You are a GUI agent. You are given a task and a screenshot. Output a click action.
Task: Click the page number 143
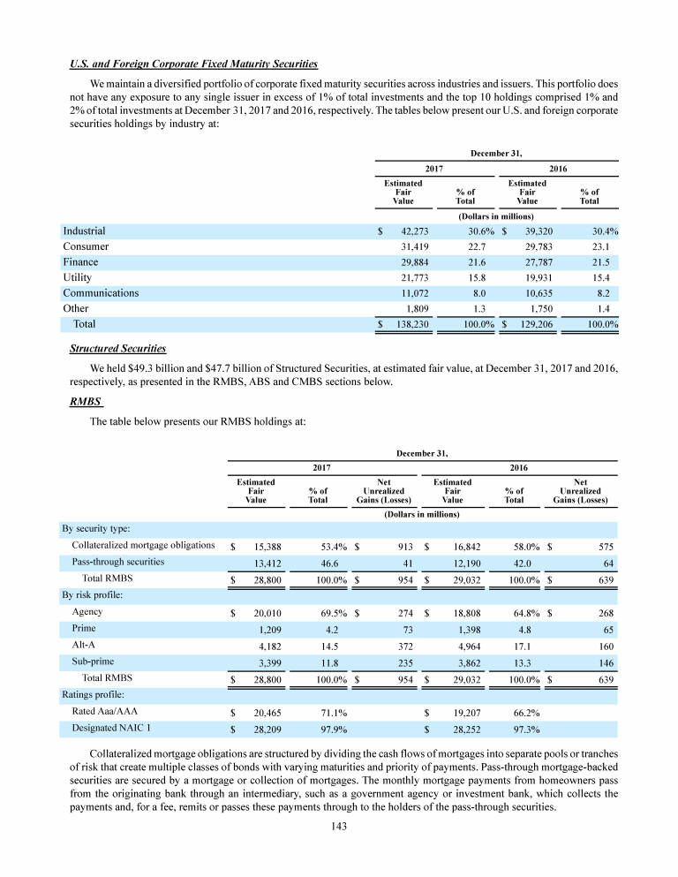click(x=338, y=826)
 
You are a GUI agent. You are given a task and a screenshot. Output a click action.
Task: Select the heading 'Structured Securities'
click(x=117, y=349)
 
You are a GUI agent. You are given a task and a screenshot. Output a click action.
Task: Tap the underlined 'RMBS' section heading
click(x=86, y=402)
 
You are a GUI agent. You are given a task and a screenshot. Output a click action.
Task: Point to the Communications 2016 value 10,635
click(x=531, y=292)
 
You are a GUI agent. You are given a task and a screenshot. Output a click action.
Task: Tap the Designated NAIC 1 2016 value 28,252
click(x=456, y=729)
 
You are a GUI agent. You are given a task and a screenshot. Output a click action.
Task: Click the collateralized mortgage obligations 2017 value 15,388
click(x=260, y=546)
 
